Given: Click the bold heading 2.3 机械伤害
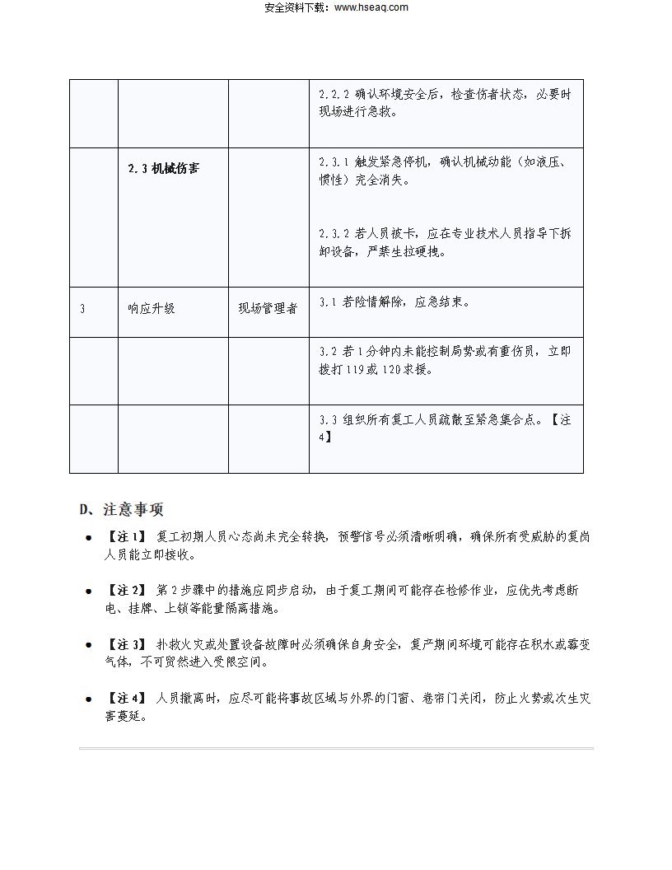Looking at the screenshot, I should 164,169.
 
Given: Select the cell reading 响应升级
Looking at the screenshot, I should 152,309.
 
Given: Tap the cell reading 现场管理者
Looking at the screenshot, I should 268,309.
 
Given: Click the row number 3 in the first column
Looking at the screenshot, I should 82,309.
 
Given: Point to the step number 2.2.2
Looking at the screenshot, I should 334,94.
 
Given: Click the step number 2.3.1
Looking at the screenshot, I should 334,161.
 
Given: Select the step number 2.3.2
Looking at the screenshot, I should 334,234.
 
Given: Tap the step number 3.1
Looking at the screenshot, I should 328,302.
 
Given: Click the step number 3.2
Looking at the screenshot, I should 328,352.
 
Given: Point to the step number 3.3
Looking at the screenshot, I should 328,420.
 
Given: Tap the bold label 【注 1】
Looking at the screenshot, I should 125,537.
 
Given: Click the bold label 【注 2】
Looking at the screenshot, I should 125,591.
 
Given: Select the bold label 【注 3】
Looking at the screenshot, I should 125,644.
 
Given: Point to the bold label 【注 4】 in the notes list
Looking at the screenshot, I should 125,699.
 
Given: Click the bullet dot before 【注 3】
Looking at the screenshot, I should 88,646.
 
